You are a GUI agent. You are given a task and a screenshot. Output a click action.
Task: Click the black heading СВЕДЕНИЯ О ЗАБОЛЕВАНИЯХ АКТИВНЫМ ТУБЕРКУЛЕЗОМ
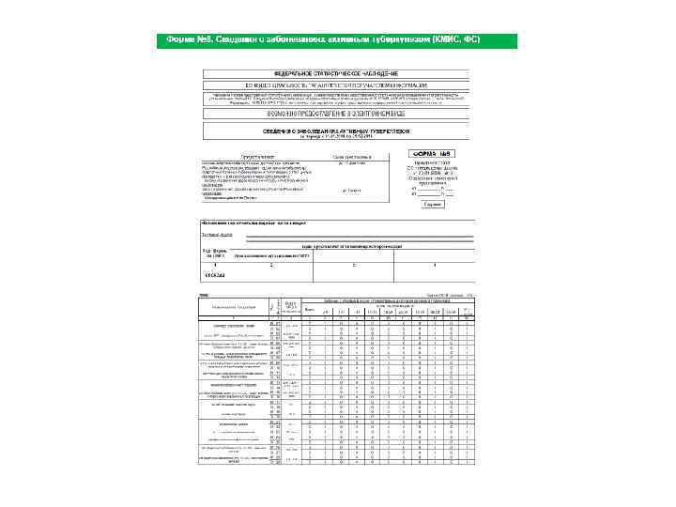coord(336,131)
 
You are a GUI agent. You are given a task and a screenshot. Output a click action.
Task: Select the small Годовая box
coord(432,203)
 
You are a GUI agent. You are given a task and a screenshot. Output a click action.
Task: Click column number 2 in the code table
coord(273,265)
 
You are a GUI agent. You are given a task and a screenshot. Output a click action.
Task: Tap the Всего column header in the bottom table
coord(310,307)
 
